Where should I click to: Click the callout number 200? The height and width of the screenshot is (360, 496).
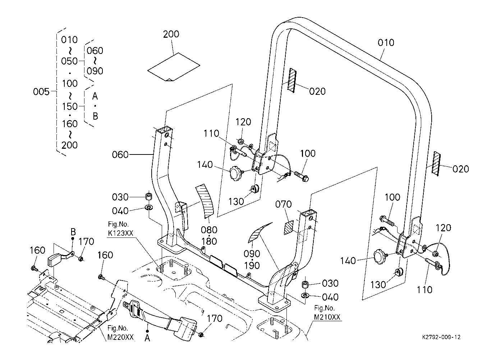[171, 34]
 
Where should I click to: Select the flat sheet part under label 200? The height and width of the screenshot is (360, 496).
[174, 67]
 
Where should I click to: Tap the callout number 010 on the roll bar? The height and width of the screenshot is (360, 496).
[386, 42]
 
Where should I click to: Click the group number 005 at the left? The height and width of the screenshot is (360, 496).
[41, 92]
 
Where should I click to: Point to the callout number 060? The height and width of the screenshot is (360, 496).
[120, 154]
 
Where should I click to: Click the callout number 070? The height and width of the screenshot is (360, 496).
[284, 204]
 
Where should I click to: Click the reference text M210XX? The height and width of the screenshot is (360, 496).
[327, 317]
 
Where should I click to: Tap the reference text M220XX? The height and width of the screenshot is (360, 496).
[120, 337]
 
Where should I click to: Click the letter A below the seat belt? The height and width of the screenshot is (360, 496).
[147, 338]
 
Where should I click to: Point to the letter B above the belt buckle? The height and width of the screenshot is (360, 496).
[73, 232]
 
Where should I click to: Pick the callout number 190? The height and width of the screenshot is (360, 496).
[252, 266]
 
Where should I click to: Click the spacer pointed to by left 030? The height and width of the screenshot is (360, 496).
[148, 196]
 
